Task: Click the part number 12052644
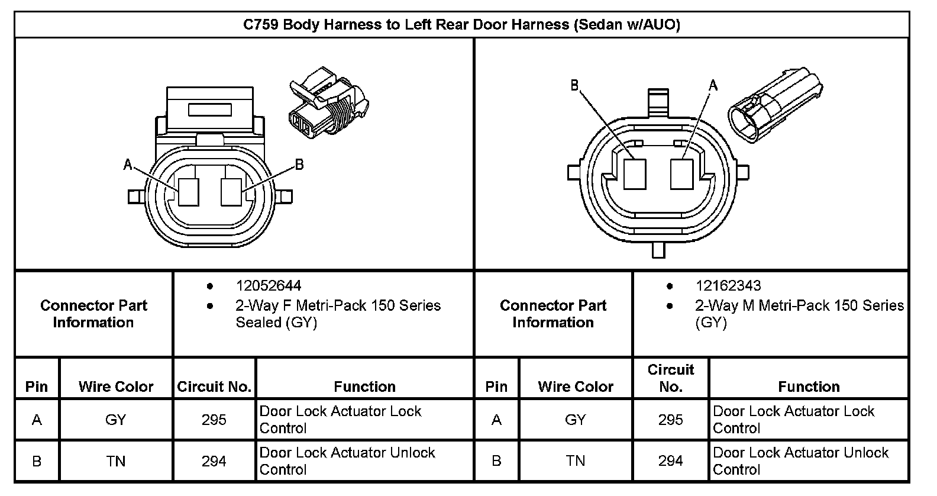pos(269,286)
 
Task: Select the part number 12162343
pos(728,286)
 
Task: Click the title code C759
pos(261,25)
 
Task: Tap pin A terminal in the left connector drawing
pos(189,192)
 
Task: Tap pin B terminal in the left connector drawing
pos(231,192)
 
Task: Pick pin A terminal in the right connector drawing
pos(681,174)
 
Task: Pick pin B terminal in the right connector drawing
pos(635,174)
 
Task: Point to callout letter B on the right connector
pos(575,85)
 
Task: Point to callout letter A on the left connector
pos(128,165)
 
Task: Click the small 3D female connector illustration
pos(329,103)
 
